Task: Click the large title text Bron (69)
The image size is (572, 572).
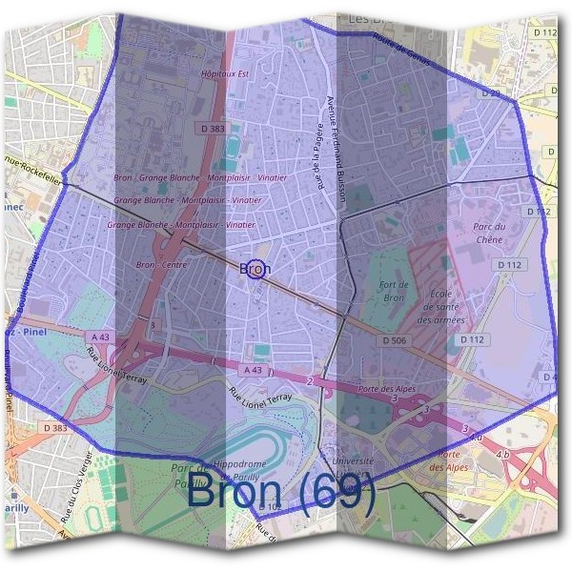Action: [x=281, y=492]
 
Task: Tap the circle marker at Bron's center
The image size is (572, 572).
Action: [x=255, y=268]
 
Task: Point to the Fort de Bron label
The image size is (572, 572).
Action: [x=393, y=292]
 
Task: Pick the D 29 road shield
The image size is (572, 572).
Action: [x=492, y=94]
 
